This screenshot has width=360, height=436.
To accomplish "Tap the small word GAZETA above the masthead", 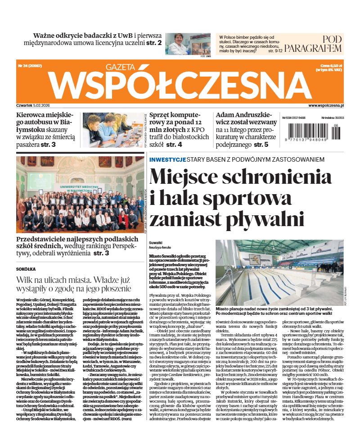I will [120, 67].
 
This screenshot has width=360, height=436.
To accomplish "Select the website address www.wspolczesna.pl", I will [326, 105].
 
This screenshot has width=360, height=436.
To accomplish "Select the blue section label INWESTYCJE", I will [167, 159].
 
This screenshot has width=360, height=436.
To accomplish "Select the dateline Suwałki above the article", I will [156, 242].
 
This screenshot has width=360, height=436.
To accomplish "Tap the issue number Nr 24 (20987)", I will [31, 66].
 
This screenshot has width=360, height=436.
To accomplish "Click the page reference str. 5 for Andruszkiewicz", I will [261, 145].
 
